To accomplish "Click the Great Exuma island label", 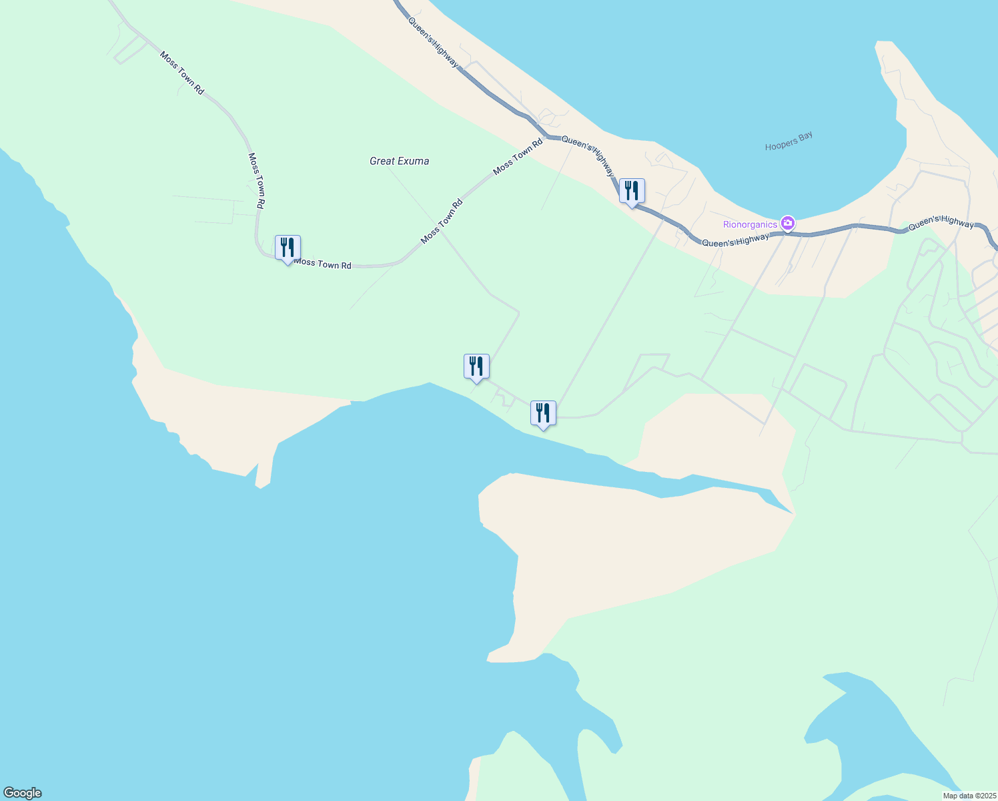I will click(x=399, y=161).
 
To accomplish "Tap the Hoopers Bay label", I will click(x=789, y=141).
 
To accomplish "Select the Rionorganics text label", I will click(x=751, y=224).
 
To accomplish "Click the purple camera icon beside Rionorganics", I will click(x=788, y=223).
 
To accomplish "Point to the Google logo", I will click(x=22, y=793).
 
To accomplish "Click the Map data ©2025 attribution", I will click(x=969, y=796).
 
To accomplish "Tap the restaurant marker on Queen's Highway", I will click(x=632, y=192).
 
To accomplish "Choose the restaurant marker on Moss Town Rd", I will click(x=288, y=248).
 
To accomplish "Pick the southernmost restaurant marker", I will click(x=543, y=414).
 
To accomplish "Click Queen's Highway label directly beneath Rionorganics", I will click(x=735, y=240).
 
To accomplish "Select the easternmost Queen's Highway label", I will click(x=941, y=223).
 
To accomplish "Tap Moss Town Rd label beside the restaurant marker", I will click(x=323, y=264).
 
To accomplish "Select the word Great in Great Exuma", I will click(x=382, y=161).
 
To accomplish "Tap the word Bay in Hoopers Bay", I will click(x=806, y=137).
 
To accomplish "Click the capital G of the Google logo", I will click(x=9, y=793).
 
